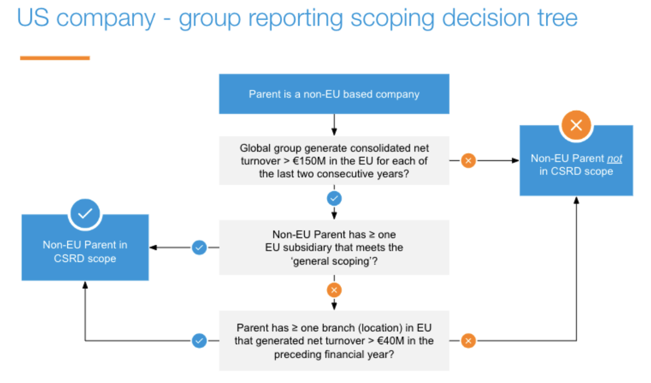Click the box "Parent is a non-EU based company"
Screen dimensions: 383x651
[334, 94]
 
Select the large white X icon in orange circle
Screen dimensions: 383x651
[576, 125]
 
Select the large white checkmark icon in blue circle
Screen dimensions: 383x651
[85, 213]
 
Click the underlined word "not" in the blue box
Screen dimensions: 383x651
[614, 158]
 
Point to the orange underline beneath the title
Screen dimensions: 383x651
[55, 58]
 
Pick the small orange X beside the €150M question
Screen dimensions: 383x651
[468, 160]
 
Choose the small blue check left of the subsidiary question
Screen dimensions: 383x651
[199, 247]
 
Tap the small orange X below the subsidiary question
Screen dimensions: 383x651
[334, 289]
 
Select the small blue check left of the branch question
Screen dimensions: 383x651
[199, 341]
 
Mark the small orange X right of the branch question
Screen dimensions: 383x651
[468, 341]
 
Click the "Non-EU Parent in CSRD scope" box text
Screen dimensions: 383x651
[85, 252]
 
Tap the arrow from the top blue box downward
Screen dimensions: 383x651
[334, 125]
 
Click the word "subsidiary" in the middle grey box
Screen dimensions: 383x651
[318, 247]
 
